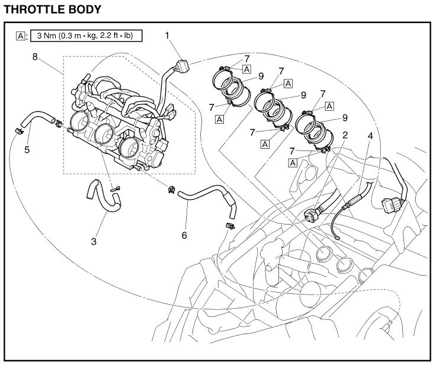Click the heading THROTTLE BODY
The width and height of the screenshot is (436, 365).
pos(53,9)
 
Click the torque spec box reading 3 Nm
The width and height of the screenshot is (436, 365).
pos(86,36)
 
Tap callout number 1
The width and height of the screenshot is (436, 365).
pos(167,36)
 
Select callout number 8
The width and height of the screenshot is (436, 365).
pos(35,57)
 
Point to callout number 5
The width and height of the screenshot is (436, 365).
pos(27,150)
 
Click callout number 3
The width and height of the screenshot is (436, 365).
pos(94,241)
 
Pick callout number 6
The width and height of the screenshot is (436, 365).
pos(184,235)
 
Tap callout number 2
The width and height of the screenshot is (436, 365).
pos(345,135)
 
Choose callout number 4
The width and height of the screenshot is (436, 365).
pos(370,136)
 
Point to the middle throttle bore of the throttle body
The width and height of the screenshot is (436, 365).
pos(104,133)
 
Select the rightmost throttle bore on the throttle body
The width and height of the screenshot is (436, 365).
pos(129,147)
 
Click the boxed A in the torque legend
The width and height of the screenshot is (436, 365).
pos(21,36)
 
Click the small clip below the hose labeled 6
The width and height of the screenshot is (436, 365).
pos(230,226)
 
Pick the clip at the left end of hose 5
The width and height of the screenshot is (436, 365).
pos(19,131)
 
